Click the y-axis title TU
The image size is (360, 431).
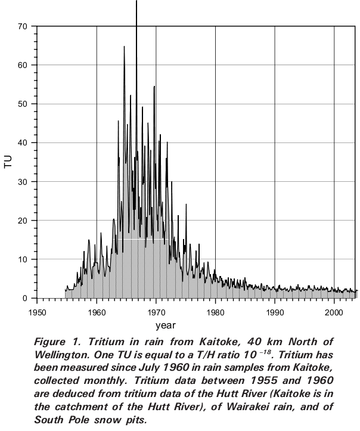[x=8, y=162]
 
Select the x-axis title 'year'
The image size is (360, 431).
[x=165, y=325]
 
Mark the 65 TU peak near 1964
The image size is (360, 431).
[x=124, y=46]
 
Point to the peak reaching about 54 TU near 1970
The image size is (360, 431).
[x=154, y=87]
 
